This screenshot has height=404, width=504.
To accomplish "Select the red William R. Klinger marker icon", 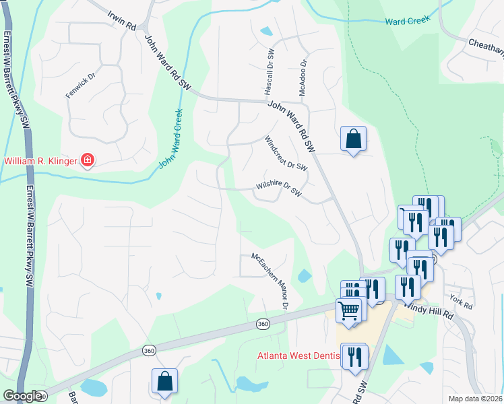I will (x=88, y=160).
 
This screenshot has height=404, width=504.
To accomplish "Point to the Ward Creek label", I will (x=408, y=22).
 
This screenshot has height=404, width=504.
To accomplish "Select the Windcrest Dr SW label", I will (x=286, y=154).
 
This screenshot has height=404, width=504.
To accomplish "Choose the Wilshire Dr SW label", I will (x=279, y=189).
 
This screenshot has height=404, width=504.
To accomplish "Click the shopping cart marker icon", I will (x=349, y=311).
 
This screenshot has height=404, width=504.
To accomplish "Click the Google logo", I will (x=22, y=396).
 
